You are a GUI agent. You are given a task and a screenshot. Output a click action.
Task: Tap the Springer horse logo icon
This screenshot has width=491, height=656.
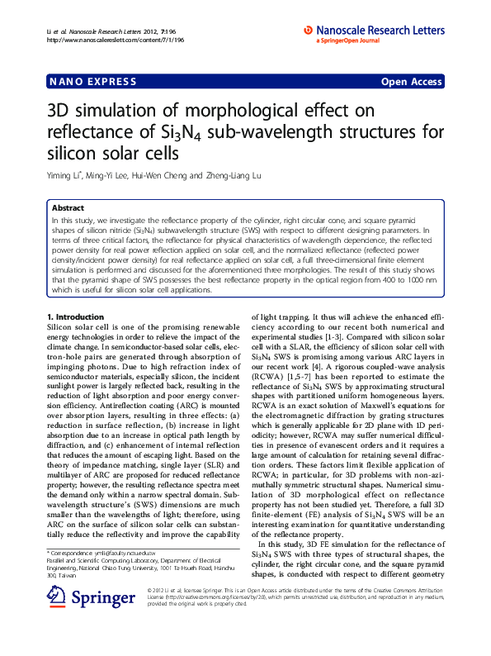tap(56, 620)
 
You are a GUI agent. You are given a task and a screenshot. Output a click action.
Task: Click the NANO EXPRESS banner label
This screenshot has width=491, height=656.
tap(83, 81)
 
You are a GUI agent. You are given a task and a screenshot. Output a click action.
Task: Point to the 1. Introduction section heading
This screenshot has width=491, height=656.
tap(75, 316)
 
